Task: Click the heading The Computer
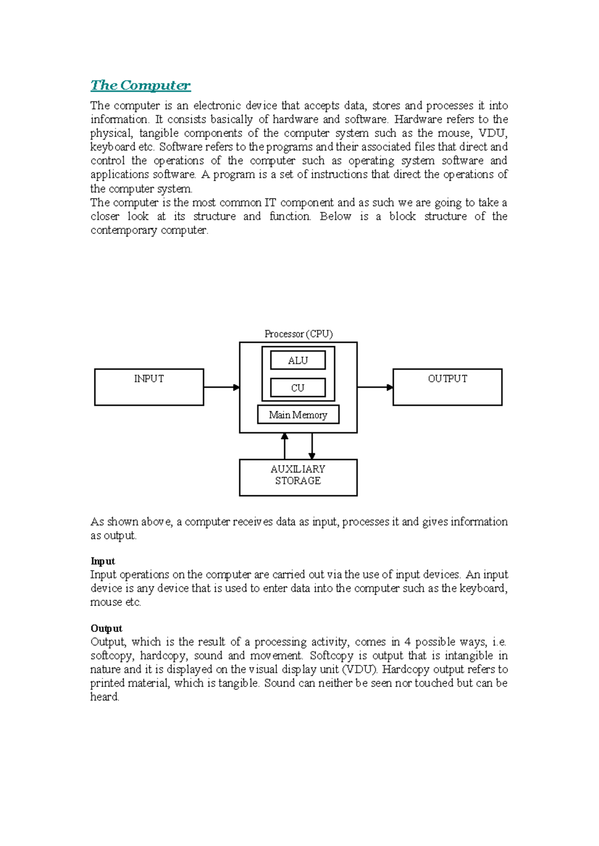(x=140, y=85)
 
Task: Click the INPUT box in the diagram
(x=149, y=387)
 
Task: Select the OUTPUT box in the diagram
(x=447, y=387)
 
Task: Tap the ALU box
(x=298, y=360)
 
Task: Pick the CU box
(x=298, y=388)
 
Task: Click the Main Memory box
(x=298, y=415)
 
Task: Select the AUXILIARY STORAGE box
(x=298, y=477)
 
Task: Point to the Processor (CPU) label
(x=299, y=334)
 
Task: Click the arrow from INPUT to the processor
(x=222, y=387)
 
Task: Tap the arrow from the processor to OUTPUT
(x=375, y=387)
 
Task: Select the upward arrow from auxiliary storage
(x=285, y=446)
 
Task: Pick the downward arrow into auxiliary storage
(x=312, y=446)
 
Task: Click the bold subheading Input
(x=102, y=561)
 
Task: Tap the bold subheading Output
(x=106, y=629)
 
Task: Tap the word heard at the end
(x=104, y=697)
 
